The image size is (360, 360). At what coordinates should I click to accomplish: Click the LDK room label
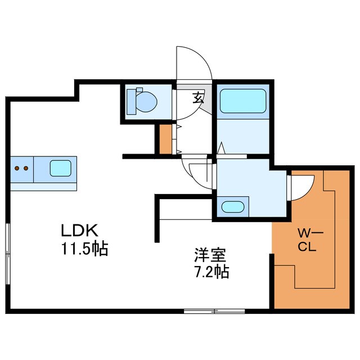click(x=80, y=231)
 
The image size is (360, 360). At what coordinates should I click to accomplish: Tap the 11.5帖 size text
click(x=85, y=247)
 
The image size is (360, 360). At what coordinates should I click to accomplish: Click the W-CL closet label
click(x=307, y=238)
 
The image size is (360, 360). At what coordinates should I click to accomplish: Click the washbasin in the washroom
click(x=233, y=206)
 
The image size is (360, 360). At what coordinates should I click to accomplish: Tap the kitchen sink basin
click(x=61, y=168)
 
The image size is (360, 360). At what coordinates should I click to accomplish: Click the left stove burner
click(x=17, y=168)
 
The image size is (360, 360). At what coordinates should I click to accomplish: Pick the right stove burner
click(x=26, y=168)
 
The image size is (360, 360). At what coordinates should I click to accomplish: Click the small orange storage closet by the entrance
click(x=165, y=139)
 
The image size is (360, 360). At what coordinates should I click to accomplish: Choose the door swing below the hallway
click(x=198, y=174)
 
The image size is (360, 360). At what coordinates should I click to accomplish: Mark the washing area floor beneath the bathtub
click(x=242, y=135)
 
